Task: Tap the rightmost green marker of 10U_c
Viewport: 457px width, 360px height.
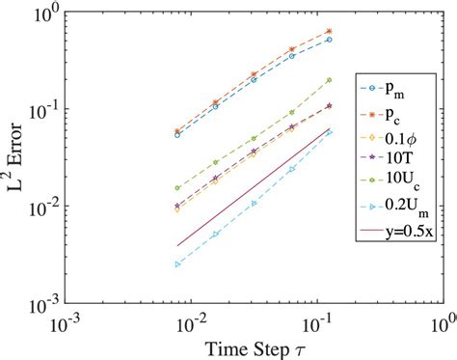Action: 330,80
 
